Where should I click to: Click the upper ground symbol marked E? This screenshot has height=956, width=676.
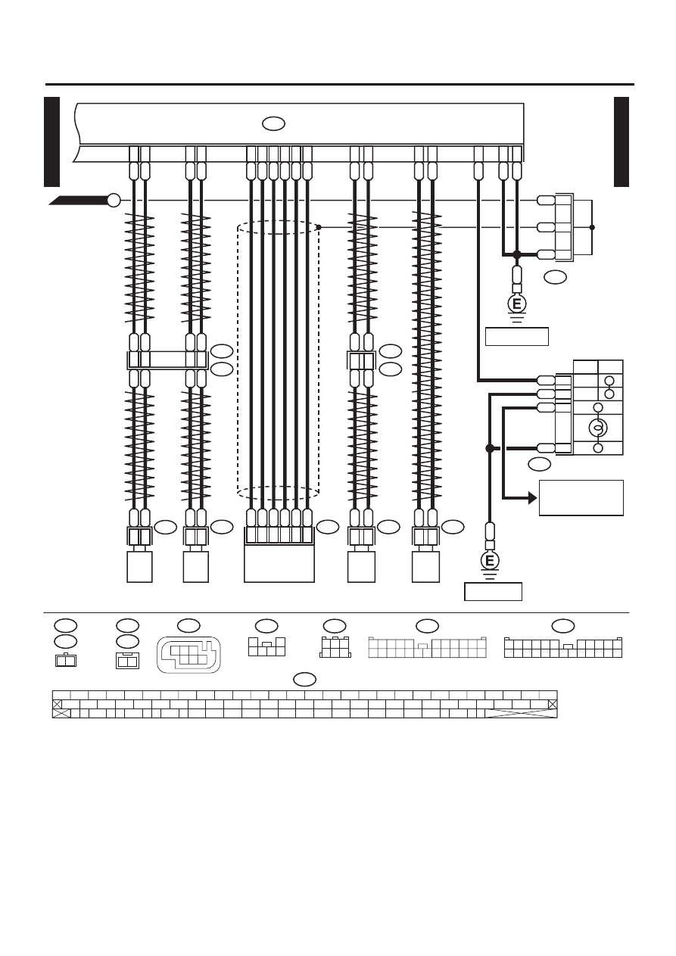(x=517, y=304)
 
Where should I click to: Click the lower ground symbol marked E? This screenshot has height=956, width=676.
(x=490, y=561)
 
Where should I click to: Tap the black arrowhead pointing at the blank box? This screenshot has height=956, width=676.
(x=533, y=497)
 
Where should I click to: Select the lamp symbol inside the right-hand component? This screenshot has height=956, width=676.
(x=598, y=427)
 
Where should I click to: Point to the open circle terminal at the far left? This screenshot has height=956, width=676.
(x=114, y=200)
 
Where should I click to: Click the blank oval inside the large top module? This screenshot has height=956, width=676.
(x=273, y=124)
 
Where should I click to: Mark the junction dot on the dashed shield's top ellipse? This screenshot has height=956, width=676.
(x=319, y=228)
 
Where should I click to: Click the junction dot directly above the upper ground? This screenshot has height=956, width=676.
(x=517, y=255)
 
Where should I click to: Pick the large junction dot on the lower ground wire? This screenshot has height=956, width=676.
(x=490, y=448)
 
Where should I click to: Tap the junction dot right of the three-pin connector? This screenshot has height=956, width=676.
(x=592, y=228)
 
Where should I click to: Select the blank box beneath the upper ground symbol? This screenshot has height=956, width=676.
(x=517, y=336)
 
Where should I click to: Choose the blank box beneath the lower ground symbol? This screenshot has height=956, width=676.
(x=493, y=591)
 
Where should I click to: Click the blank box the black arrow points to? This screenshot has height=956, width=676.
(x=581, y=497)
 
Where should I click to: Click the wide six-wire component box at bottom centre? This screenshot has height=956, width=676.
(x=279, y=564)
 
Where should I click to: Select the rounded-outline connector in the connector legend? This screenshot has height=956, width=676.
(x=189, y=655)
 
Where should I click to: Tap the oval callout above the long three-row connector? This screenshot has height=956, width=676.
(x=305, y=679)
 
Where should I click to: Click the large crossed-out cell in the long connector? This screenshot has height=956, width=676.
(x=521, y=713)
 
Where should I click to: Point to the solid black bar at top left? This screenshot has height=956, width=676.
(x=51, y=142)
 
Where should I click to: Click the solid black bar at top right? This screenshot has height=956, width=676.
(x=621, y=142)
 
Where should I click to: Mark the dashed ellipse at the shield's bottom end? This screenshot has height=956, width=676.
(x=278, y=493)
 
